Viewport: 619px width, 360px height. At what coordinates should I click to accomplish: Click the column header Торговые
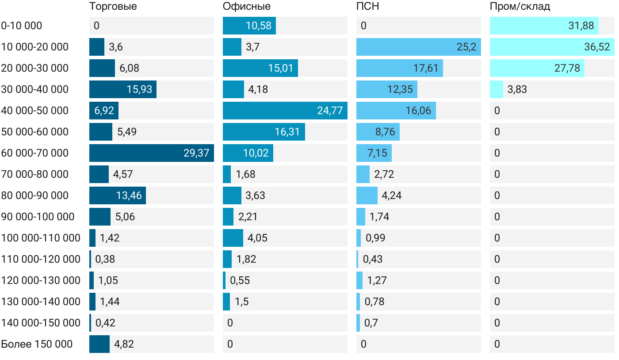tap(113, 6)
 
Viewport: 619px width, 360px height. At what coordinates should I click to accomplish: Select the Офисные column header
tap(246, 6)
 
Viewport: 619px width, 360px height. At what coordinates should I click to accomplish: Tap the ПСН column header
tap(367, 6)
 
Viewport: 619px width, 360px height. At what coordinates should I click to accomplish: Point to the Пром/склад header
tap(520, 6)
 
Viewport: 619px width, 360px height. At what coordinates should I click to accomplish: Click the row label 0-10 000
tap(22, 26)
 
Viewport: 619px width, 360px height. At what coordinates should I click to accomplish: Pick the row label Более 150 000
tap(37, 344)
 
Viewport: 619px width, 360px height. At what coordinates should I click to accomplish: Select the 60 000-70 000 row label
tap(35, 153)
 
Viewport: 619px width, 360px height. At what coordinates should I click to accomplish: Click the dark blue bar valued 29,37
tap(152, 153)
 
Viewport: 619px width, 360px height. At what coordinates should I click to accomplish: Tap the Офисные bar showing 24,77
tap(285, 111)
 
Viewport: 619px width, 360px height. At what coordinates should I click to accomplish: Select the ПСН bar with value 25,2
tap(419, 47)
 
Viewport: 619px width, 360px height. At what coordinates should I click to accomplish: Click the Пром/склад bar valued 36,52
tap(552, 47)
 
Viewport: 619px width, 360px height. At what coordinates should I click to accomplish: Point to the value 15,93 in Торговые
tap(139, 89)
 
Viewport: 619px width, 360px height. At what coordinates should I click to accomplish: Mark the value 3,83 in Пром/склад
tap(517, 89)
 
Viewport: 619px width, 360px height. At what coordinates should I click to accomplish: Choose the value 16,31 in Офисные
tap(287, 132)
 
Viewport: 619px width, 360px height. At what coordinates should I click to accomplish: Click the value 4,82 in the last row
tap(124, 344)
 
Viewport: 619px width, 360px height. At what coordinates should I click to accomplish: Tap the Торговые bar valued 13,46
tap(118, 195)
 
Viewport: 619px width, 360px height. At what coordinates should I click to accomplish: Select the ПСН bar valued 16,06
tap(396, 111)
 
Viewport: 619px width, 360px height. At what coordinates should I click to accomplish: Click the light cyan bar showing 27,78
tap(537, 68)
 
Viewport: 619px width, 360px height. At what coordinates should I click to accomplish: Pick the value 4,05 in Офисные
tap(257, 238)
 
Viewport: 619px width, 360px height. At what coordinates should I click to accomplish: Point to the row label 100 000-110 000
tap(41, 238)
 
